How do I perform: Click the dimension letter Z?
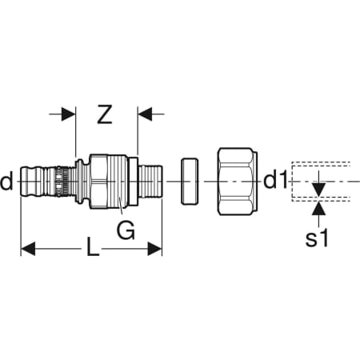click(105, 114)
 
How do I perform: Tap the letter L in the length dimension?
click(93, 247)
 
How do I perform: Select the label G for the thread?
click(126, 230)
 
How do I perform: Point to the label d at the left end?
click(6, 181)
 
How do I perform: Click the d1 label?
click(275, 181)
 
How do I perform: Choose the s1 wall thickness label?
click(317, 238)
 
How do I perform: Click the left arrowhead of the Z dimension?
click(68, 114)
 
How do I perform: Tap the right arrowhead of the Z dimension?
click(145, 114)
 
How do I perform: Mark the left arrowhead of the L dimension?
click(28, 249)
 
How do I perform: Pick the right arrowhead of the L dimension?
click(154, 249)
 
